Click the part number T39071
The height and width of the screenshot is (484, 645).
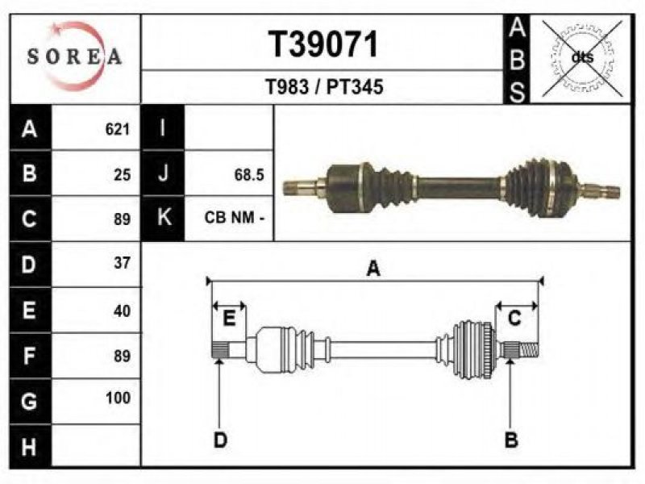(323, 44)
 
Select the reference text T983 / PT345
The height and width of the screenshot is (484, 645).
(324, 87)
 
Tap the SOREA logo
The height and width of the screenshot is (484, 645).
(74, 56)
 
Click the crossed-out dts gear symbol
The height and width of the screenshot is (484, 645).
(582, 57)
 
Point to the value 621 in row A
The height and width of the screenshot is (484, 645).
(118, 129)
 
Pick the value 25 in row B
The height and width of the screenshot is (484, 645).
(123, 175)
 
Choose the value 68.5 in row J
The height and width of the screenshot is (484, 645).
(249, 175)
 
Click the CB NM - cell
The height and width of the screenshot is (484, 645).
(234, 217)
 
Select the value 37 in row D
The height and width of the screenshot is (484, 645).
(123, 263)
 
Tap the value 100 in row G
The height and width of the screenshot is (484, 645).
(118, 398)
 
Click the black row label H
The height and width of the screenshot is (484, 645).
(30, 446)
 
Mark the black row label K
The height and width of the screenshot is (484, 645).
(163, 218)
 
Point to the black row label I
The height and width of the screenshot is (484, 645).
(163, 127)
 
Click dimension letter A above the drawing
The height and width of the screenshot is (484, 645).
(373, 269)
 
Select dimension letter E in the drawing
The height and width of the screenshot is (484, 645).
(229, 318)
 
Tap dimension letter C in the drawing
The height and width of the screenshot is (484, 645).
(514, 318)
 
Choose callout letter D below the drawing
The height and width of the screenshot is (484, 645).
(220, 440)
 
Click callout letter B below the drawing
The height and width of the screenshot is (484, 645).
(511, 440)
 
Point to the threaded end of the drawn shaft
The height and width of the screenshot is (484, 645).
(529, 350)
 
